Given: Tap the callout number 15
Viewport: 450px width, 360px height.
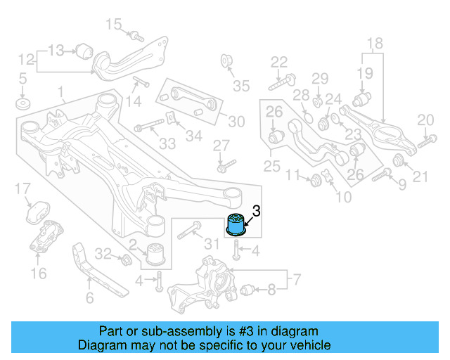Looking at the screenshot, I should [113, 25].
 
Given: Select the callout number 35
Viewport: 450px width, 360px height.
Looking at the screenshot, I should [241, 86].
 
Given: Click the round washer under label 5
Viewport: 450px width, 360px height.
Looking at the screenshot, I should [22, 106].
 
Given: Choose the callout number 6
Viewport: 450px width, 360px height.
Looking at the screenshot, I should [89, 299].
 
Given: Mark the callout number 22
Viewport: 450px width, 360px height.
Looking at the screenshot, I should [279, 61].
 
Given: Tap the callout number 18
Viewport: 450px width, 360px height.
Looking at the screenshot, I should [374, 43].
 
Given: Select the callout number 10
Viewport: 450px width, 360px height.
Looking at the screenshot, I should [344, 198].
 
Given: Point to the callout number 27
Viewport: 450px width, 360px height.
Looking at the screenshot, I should [221, 146].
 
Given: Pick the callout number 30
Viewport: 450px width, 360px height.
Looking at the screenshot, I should [236, 121].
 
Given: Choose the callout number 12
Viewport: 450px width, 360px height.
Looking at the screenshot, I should [26, 59].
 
